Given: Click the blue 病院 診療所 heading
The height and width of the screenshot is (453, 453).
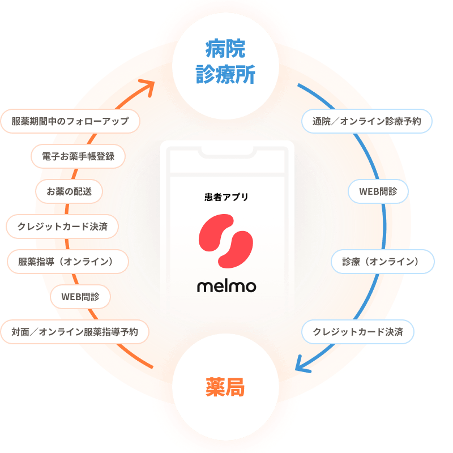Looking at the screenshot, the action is click(x=225, y=62).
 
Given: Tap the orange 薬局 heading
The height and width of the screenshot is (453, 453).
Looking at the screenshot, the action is click(x=225, y=387).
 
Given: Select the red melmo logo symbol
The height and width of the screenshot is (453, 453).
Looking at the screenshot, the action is click(x=225, y=241).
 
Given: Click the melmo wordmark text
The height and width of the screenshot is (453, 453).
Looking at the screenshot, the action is click(x=226, y=287).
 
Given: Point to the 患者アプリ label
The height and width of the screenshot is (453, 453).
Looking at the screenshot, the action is click(x=226, y=197).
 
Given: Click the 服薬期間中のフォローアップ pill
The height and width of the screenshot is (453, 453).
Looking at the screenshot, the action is click(x=70, y=121).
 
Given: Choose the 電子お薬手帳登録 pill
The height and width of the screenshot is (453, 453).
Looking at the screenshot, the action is click(x=78, y=156).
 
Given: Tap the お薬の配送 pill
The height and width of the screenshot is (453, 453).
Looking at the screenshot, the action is click(x=69, y=191).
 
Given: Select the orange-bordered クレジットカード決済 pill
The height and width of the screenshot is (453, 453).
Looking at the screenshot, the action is click(x=62, y=226).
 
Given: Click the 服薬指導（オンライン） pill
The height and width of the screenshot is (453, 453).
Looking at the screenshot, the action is click(x=68, y=262).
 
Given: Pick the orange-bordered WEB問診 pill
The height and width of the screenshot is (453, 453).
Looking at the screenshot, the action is click(x=80, y=297).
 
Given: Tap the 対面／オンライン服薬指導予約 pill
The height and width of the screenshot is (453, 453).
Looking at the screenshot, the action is click(x=75, y=332).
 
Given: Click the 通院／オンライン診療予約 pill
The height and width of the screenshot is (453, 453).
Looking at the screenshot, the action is click(x=367, y=121).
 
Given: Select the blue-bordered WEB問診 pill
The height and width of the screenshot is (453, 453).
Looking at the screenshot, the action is click(x=378, y=191).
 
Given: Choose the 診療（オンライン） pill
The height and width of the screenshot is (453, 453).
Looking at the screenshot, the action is click(x=383, y=262).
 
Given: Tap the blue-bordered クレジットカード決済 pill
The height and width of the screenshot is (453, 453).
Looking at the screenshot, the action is click(x=358, y=332).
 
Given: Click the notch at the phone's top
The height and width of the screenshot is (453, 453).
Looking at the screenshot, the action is click(x=228, y=152).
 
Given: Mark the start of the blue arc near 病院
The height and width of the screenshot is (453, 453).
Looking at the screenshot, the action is click(x=298, y=84).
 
